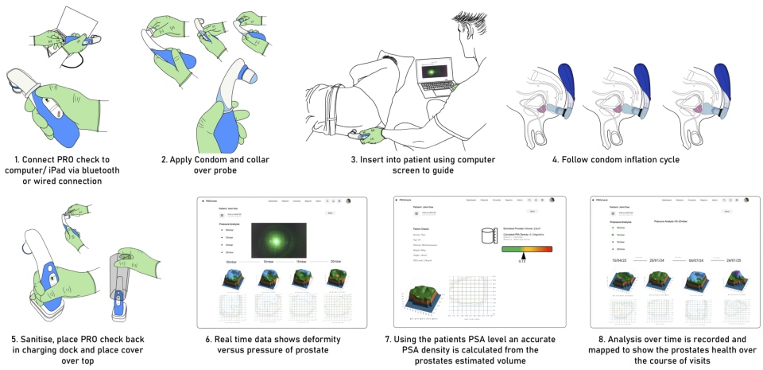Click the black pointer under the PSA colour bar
pyautogui.click(x=521, y=255)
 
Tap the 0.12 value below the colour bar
pyautogui.click(x=521, y=261)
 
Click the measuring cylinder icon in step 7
pyautogui.click(x=488, y=237)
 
